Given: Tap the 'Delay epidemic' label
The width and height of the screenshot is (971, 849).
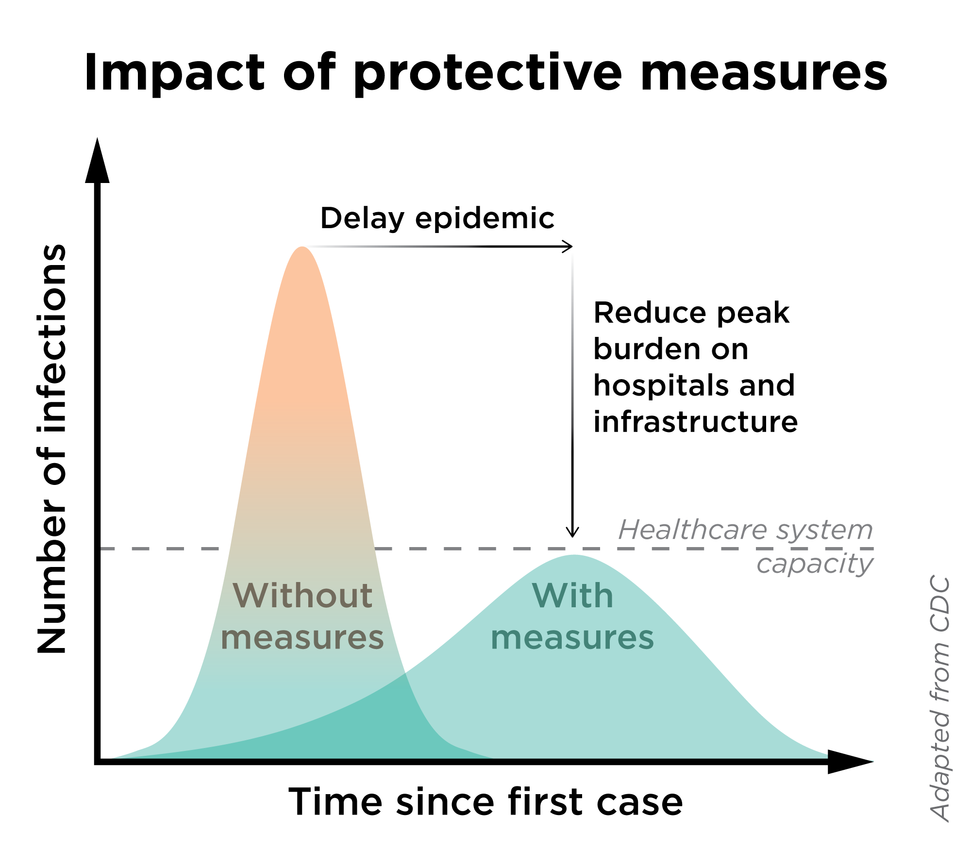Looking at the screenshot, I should point(437,218).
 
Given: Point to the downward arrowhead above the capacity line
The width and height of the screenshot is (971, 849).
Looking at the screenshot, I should point(573,533).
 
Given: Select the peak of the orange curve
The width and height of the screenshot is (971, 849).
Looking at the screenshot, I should point(302,249).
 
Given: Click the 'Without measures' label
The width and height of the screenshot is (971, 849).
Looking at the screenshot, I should point(302,616).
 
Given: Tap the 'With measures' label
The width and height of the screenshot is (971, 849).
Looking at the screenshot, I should point(573,616).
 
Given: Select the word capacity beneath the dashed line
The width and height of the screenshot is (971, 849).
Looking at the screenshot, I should point(815,565).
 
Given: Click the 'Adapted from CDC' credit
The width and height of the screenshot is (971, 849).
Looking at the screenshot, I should point(940,699).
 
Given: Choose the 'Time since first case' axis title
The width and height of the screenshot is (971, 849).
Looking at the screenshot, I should point(485,802).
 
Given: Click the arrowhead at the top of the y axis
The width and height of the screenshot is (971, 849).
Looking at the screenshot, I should point(97,163).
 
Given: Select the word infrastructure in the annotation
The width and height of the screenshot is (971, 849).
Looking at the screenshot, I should point(695,422).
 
